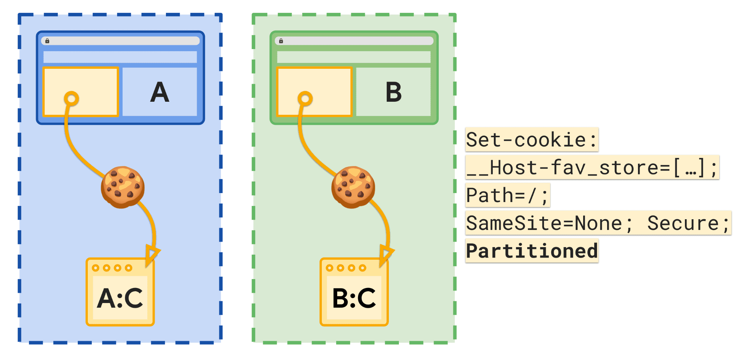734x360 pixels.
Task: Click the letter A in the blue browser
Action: click(159, 92)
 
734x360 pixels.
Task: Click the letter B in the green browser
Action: click(394, 92)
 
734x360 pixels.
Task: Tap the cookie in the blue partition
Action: click(123, 187)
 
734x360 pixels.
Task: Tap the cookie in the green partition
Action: click(353, 187)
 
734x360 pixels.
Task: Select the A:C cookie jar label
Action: click(120, 298)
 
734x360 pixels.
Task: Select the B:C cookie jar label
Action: click(354, 298)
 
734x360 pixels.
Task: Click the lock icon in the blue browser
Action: click(47, 41)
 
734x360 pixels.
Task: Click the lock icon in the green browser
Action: click(281, 41)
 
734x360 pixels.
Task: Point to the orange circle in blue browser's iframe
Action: click(71, 99)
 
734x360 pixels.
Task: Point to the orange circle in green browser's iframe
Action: click(305, 99)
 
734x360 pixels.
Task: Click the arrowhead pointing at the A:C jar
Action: click(152, 254)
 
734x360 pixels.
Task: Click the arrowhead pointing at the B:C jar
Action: click(386, 254)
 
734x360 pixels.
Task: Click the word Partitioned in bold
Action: click(532, 251)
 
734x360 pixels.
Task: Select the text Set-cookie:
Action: click(532, 139)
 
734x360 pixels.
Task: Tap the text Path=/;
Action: click(507, 195)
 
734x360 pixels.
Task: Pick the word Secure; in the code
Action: click(688, 223)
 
